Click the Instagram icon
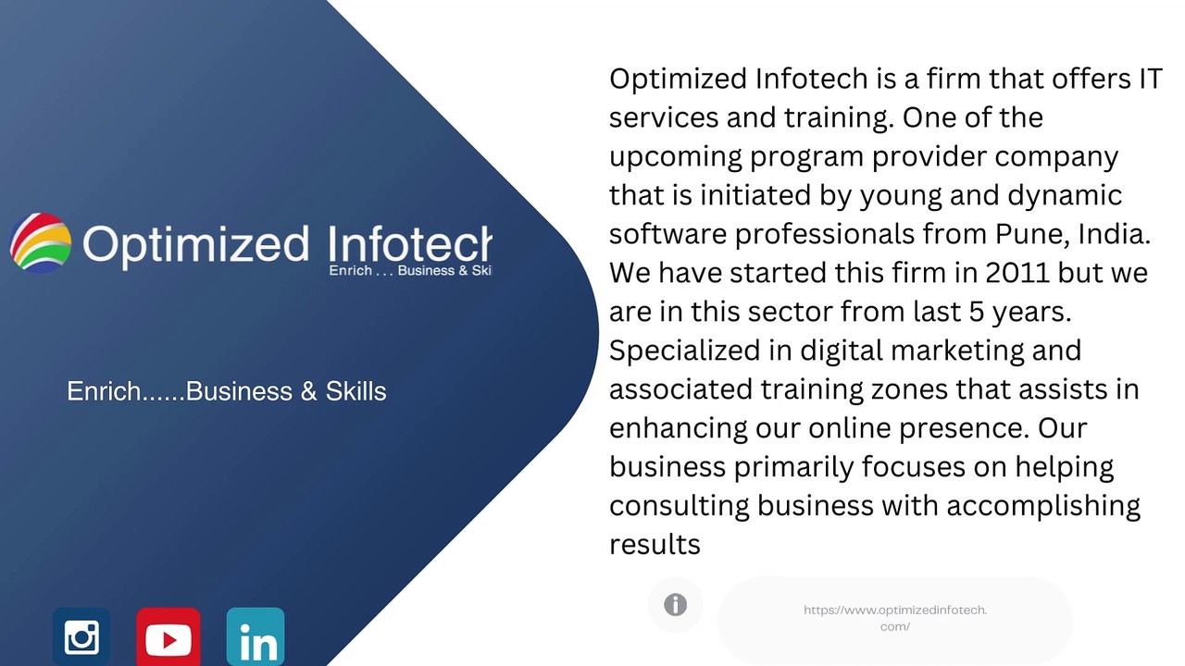(81, 636)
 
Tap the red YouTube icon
(168, 637)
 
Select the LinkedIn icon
(256, 636)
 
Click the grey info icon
(676, 605)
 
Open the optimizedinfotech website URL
(895, 619)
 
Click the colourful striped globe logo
(41, 243)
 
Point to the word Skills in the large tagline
(355, 391)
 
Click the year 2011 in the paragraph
(1017, 273)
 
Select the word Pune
(1025, 234)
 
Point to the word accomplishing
(1043, 507)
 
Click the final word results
(655, 545)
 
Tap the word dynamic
(1065, 196)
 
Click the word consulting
(680, 507)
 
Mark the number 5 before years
(976, 312)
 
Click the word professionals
(825, 235)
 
